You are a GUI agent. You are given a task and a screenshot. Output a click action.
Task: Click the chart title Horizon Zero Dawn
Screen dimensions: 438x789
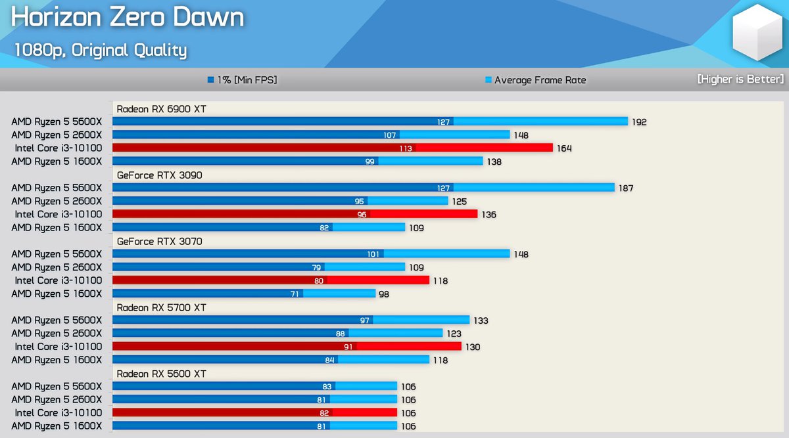(128, 18)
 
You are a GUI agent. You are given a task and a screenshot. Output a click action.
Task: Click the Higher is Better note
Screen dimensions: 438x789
(740, 79)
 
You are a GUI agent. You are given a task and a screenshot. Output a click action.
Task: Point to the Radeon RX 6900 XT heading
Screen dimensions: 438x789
(161, 109)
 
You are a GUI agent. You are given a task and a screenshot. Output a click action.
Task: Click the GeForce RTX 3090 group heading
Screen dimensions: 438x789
(159, 175)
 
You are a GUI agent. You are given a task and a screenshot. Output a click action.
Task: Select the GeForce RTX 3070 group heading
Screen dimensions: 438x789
(159, 241)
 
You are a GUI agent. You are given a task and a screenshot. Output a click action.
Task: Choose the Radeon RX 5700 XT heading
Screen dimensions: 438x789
(161, 307)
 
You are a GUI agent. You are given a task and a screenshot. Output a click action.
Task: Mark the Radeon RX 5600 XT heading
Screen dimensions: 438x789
(161, 374)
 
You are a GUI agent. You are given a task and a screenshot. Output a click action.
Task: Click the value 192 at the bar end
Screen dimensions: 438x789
(639, 122)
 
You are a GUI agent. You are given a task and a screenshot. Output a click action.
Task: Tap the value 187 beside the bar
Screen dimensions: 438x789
(625, 188)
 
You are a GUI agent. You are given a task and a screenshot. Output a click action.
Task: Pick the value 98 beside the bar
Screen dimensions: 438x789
(383, 294)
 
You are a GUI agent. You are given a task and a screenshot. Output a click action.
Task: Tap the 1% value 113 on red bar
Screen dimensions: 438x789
(406, 148)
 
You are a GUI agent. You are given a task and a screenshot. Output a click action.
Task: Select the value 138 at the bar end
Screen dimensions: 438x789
(494, 161)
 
